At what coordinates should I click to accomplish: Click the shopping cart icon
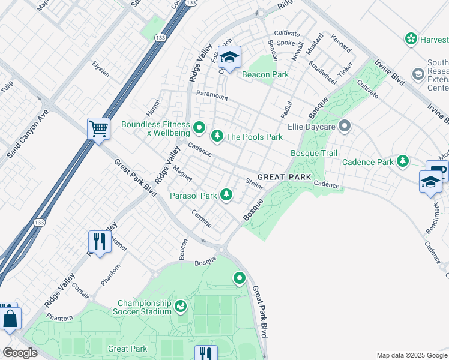[98, 128]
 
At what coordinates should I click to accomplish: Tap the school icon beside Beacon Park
[229, 58]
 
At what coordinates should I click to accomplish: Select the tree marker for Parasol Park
[226, 194]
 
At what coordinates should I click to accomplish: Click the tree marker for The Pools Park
[216, 137]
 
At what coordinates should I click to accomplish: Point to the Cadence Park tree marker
[402, 161]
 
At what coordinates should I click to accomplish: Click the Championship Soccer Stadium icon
[180, 307]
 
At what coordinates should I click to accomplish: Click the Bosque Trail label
[314, 154]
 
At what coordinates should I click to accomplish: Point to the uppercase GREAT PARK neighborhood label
[285, 177]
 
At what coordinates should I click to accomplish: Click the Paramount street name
[212, 95]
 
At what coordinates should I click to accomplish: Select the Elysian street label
[101, 70]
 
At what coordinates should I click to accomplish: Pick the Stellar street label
[255, 184]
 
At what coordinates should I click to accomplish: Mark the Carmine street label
[202, 218]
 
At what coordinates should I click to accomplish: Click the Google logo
[19, 353]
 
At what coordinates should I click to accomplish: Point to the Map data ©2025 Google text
[412, 355]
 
